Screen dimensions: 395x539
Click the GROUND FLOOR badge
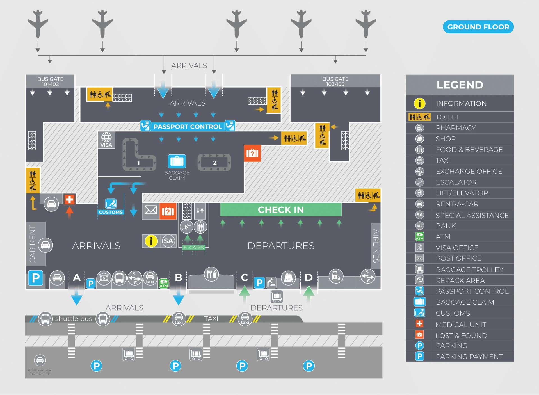pyautogui.click(x=478, y=27)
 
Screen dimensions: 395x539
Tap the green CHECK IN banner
pyautogui.click(x=281, y=209)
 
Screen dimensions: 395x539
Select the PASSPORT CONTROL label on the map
pyautogui.click(x=188, y=127)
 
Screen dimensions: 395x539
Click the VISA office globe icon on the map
pyautogui.click(x=106, y=137)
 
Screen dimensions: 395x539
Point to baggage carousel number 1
pyautogui.click(x=138, y=163)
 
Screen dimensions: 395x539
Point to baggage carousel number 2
pyautogui.click(x=214, y=163)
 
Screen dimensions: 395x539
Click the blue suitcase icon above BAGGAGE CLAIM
pyautogui.click(x=177, y=161)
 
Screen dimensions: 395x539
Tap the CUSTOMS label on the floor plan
pyautogui.click(x=111, y=212)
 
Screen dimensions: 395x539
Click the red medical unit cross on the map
pyautogui.click(x=69, y=200)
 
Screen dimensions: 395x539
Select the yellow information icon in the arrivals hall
pyautogui.click(x=151, y=241)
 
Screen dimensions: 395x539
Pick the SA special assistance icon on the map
pyautogui.click(x=168, y=241)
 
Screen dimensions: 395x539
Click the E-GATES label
pyautogui.click(x=194, y=248)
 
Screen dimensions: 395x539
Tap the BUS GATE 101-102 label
pyautogui.click(x=50, y=81)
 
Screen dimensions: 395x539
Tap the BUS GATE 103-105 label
pyautogui.click(x=335, y=81)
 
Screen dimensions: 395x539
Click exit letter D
pyautogui.click(x=309, y=278)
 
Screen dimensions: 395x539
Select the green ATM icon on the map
pyautogui.click(x=164, y=283)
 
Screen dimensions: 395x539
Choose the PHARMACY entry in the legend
pyautogui.click(x=455, y=128)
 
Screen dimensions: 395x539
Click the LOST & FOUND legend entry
pyautogui.click(x=461, y=335)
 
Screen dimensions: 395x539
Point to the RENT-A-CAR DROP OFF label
pyautogui.click(x=40, y=372)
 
